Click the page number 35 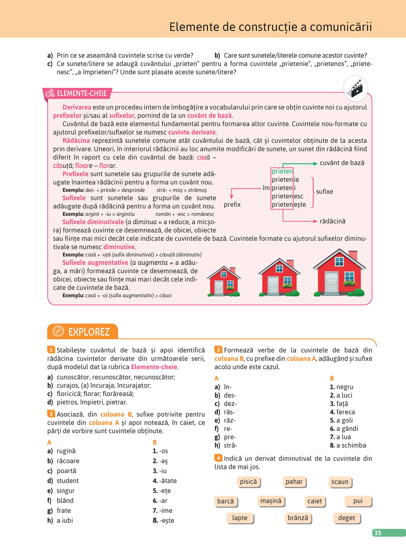click(x=378, y=533)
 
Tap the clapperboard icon click(x=355, y=88)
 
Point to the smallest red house click(x=224, y=281)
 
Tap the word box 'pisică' click(x=248, y=482)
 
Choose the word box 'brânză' click(x=298, y=518)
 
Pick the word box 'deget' click(x=346, y=518)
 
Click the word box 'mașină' click(x=271, y=501)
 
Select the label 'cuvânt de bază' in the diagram click(x=342, y=163)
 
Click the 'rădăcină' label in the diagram click(x=333, y=221)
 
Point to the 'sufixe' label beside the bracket click(x=324, y=191)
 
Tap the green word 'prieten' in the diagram click(x=282, y=171)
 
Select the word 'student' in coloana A click(x=68, y=481)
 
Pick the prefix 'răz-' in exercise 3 click(x=229, y=420)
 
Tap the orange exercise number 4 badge click(x=218, y=458)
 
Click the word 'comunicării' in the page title click(x=341, y=27)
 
